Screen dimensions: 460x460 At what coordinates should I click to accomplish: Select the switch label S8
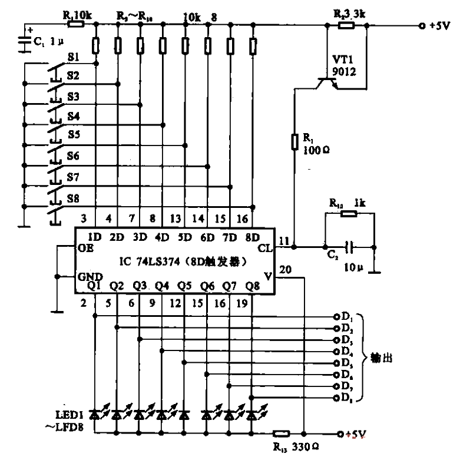click(73, 199)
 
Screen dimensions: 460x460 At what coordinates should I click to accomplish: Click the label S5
click(73, 134)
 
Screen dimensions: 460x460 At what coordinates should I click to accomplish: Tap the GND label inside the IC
click(88, 276)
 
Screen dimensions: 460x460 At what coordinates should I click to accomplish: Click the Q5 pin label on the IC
click(184, 286)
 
